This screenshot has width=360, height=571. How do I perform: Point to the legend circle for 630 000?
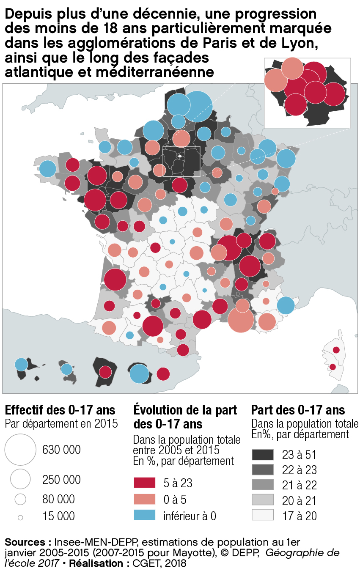pos(20,449)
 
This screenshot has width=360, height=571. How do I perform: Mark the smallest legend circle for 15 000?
pos(20,517)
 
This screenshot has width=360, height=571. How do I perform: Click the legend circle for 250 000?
pos(20,479)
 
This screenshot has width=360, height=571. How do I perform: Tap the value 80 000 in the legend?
pos(58,499)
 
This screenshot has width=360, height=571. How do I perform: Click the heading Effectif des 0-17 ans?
pos(60,410)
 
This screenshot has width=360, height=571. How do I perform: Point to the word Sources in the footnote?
pos(26,542)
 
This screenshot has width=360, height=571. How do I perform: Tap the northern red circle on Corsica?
pos(336,350)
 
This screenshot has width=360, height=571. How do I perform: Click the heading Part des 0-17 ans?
pos(298,410)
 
